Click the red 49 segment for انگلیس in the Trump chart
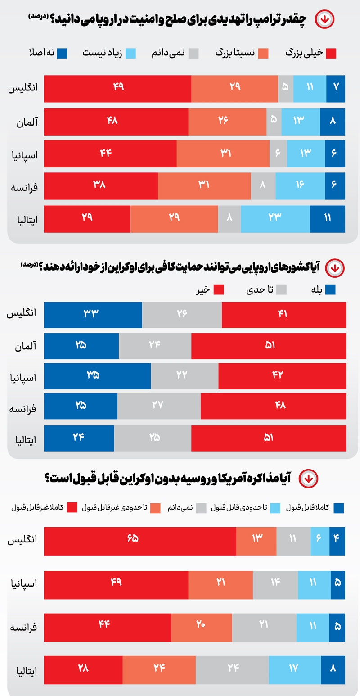(118, 86)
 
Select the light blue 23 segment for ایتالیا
(275, 217)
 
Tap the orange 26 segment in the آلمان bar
(224, 120)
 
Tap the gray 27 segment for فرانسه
(158, 406)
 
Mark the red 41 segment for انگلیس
(283, 314)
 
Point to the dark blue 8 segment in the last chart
(333, 669)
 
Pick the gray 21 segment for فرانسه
(264, 626)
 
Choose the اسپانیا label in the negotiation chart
(24, 583)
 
